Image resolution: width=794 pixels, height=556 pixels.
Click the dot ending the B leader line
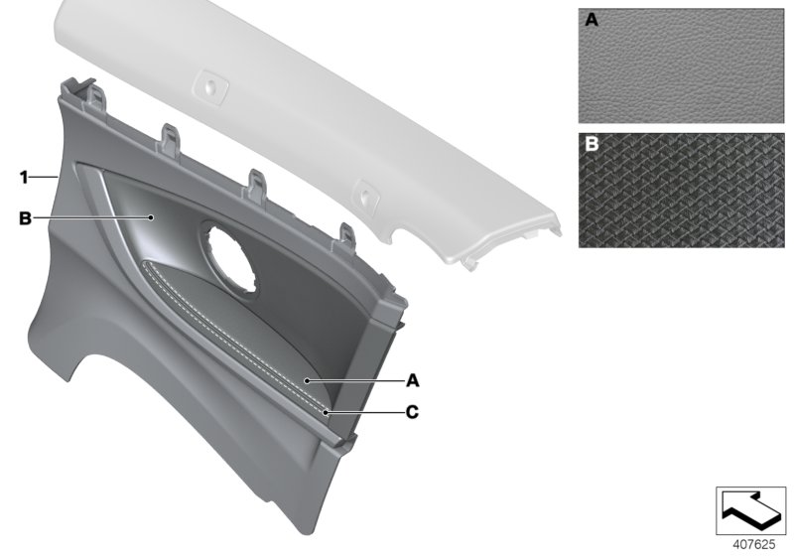click(x=151, y=216)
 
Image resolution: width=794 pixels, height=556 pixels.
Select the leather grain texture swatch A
click(x=679, y=68)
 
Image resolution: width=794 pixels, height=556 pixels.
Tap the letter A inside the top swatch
click(x=591, y=19)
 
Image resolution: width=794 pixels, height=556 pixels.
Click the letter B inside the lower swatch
click(x=591, y=144)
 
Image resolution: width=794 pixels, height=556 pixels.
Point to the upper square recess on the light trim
click(x=209, y=84)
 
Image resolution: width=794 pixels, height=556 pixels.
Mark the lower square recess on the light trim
click(x=363, y=194)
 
